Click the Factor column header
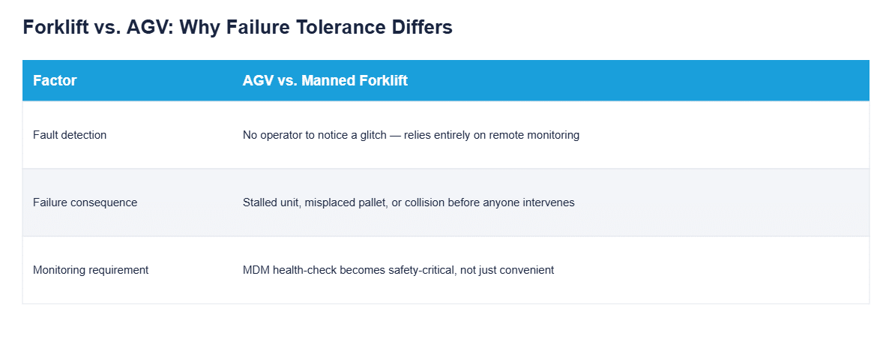pos(55,81)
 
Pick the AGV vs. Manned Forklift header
pos(325,81)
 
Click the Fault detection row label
pos(70,135)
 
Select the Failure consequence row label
pos(85,202)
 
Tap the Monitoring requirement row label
pos(91,270)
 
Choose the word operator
pos(280,135)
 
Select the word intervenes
pos(550,202)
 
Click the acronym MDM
pos(256,270)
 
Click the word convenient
pos(528,270)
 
